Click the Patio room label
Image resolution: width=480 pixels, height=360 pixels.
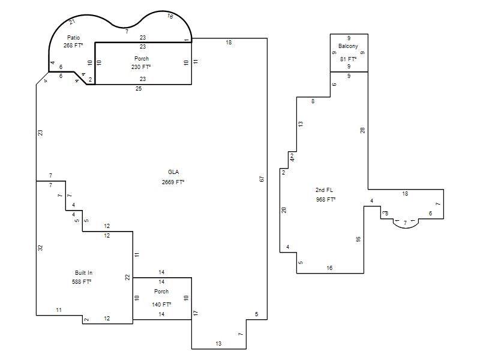coord(73,38)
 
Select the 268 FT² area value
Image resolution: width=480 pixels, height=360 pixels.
coord(73,46)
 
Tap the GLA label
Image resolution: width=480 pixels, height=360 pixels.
coord(173,172)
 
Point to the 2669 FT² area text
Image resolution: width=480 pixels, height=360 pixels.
coord(173,182)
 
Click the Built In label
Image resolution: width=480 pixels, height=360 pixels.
coord(83,273)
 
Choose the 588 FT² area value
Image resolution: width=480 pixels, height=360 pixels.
coord(82,281)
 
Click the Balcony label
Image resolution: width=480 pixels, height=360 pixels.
coord(348,46)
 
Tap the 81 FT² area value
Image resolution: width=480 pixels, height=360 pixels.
coord(348,59)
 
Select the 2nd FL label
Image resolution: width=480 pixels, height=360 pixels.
coord(324,190)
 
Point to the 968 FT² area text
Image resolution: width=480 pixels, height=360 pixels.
coord(326,200)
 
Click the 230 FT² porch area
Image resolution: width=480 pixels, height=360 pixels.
coord(141,67)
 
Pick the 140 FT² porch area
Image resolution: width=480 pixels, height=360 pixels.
coord(161,305)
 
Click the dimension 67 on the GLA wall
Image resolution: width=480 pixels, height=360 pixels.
coord(262,179)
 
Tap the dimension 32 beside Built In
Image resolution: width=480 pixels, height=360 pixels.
coord(40,248)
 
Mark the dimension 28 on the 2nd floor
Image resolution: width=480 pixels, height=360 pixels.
coord(362,130)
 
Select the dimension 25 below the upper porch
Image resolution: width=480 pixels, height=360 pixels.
coord(139,89)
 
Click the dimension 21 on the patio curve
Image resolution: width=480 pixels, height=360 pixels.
coord(72,22)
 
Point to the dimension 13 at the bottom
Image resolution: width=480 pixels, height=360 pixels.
coord(218,343)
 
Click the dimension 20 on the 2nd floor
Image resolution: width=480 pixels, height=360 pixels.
coord(284,210)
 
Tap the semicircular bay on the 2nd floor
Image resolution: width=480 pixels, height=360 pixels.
coord(406,228)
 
